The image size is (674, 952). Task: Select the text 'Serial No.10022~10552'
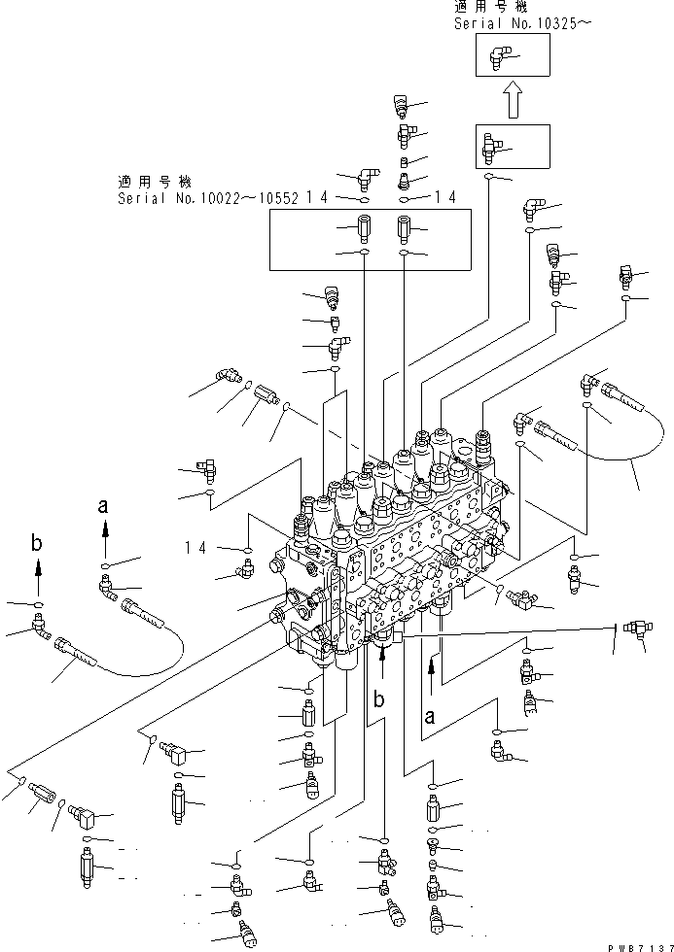[x=206, y=197]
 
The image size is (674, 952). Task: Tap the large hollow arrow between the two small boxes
[x=514, y=100]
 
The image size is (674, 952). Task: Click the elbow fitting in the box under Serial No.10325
[x=497, y=59]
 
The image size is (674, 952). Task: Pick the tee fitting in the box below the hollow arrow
[x=493, y=148]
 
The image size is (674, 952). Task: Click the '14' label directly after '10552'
[x=315, y=197]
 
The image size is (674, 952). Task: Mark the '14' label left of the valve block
[x=196, y=548]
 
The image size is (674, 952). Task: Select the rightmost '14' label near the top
[x=445, y=197]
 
